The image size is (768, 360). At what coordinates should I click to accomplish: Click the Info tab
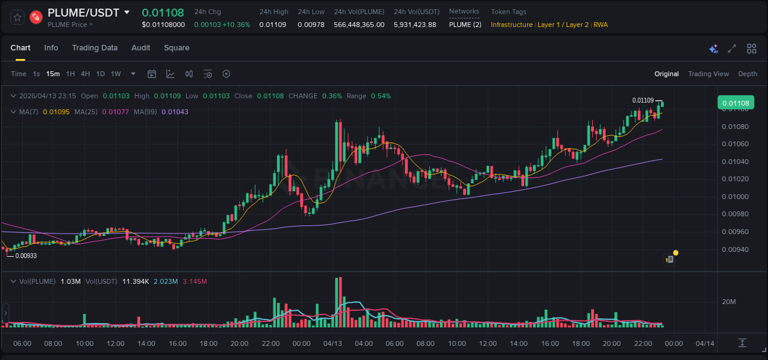click(51, 48)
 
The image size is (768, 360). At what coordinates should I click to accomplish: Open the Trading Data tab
click(95, 48)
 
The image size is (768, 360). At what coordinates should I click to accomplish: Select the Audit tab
click(141, 48)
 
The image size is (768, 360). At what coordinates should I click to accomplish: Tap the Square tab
click(176, 48)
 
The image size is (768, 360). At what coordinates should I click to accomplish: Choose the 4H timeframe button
click(85, 74)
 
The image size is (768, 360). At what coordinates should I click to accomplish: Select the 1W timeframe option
click(116, 74)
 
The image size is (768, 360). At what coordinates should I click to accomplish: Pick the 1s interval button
click(36, 74)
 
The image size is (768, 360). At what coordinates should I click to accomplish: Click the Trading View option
click(708, 74)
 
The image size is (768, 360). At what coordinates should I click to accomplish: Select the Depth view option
click(748, 74)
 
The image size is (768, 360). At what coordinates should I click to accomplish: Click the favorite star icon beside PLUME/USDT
click(18, 17)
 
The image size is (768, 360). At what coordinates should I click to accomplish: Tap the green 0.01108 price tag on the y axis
click(735, 103)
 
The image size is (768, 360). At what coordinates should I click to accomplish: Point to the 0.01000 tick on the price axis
click(735, 197)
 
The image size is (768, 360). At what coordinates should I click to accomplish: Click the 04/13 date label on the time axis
click(332, 343)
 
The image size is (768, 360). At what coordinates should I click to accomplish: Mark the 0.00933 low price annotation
click(26, 256)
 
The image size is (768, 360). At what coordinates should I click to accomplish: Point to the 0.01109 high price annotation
click(643, 100)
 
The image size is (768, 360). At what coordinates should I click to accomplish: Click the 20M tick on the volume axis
click(729, 302)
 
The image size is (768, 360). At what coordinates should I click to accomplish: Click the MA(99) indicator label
click(145, 112)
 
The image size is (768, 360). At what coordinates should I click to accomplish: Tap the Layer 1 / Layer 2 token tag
click(563, 25)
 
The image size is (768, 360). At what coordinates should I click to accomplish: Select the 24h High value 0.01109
click(273, 25)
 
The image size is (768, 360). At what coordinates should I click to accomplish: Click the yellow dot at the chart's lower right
click(676, 252)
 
